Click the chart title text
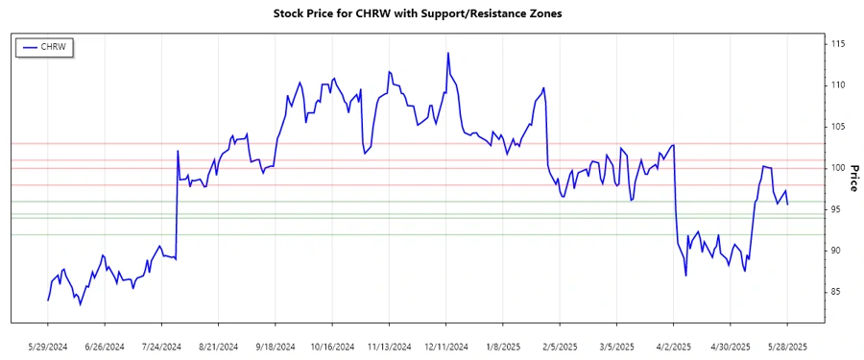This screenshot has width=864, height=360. [432, 14]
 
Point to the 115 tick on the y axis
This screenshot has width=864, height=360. [837, 44]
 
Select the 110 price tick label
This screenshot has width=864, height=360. [837, 85]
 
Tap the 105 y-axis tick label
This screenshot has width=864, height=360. [837, 127]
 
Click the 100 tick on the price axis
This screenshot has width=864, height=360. [837, 168]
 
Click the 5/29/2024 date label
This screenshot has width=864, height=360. [48, 347]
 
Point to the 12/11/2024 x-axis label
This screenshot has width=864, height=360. [446, 347]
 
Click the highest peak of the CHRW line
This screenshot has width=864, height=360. [448, 53]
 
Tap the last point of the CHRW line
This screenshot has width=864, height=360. [788, 204]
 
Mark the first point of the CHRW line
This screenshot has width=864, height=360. [48, 300]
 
